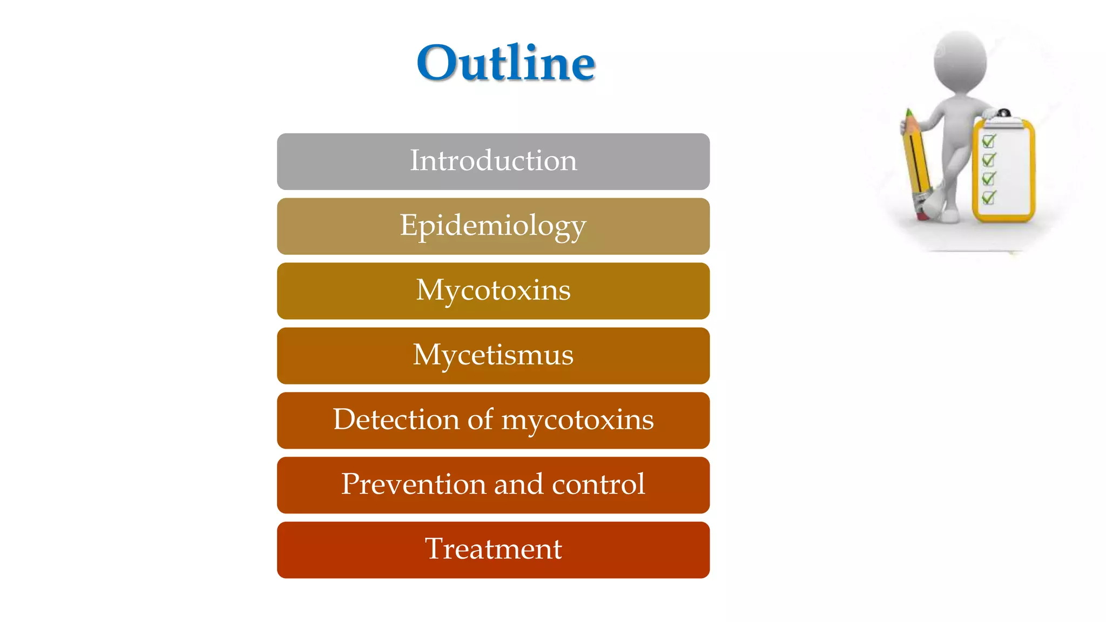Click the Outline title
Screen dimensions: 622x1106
(505, 63)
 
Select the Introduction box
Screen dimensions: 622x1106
(493, 161)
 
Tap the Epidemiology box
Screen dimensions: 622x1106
(493, 226)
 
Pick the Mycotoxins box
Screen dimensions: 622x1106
(493, 290)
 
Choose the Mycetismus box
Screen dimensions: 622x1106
(493, 355)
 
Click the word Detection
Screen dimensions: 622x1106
(395, 420)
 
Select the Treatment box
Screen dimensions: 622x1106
(493, 550)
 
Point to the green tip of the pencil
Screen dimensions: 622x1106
(909, 114)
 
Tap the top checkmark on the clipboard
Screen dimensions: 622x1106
(988, 141)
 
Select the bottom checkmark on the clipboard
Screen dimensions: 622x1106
(988, 197)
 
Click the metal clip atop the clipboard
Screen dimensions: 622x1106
(1003, 116)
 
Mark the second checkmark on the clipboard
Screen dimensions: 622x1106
(988, 160)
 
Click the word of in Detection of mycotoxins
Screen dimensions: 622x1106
(480, 420)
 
